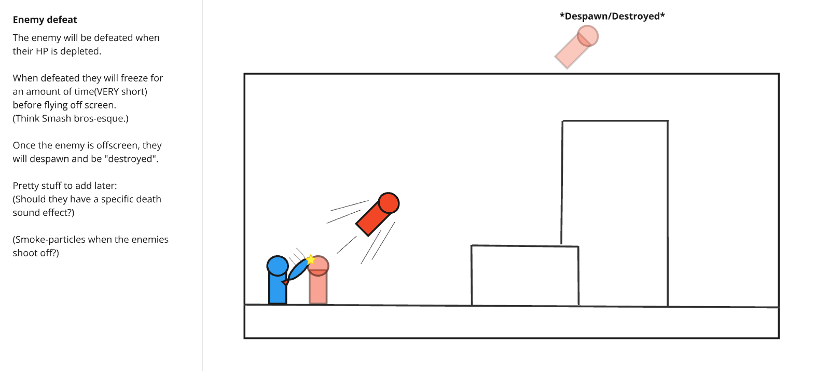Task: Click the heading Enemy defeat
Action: pyautogui.click(x=45, y=20)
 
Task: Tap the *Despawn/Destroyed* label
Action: pyautogui.click(x=612, y=16)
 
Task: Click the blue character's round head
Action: pyautogui.click(x=278, y=266)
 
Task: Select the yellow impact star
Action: pyautogui.click(x=310, y=259)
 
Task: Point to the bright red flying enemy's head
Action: pyautogui.click(x=389, y=203)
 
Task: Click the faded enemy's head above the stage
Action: pyautogui.click(x=588, y=36)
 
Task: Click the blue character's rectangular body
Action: pyautogui.click(x=278, y=290)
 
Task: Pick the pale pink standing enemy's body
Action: pyautogui.click(x=318, y=288)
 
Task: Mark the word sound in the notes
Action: pyautogui.click(x=26, y=213)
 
